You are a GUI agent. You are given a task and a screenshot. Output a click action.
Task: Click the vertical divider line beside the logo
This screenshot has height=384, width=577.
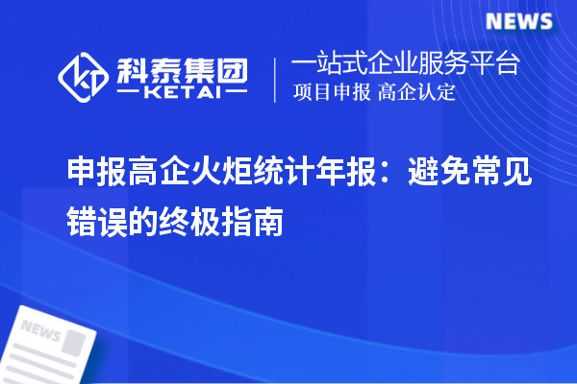277,79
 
